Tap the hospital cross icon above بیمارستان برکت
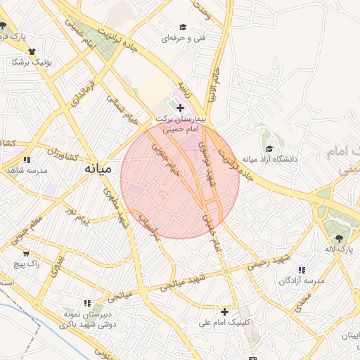(181, 108)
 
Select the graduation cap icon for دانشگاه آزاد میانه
(269, 148)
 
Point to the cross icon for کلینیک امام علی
(225, 311)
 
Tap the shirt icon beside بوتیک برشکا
(32, 51)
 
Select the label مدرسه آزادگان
(302, 281)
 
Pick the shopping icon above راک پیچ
(26, 253)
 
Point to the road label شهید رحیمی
(268, 263)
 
